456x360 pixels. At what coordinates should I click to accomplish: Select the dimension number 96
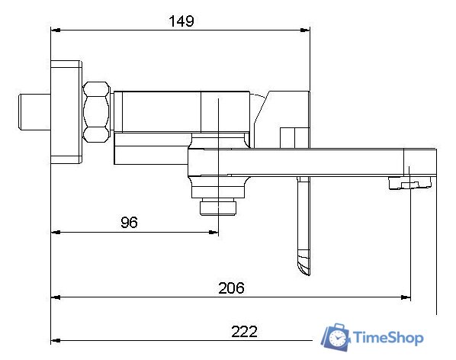coord(129,222)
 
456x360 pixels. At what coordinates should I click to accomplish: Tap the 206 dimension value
coord(231,288)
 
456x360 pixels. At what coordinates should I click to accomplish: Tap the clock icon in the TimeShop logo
coord(336,337)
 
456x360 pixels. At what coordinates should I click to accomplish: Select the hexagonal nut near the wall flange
coord(98,111)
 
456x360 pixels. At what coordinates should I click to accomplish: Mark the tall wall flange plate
coord(66,112)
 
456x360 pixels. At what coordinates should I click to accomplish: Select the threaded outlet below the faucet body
coord(218,207)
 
